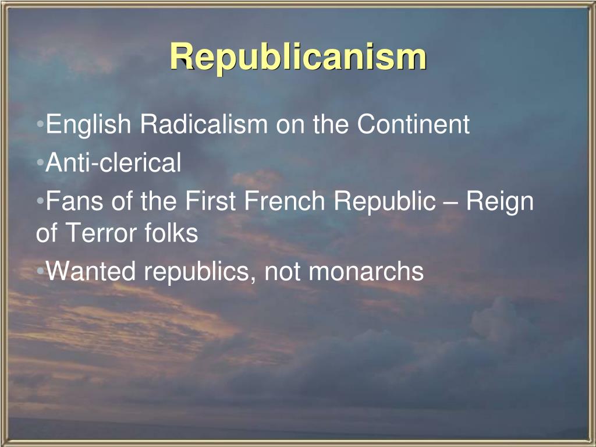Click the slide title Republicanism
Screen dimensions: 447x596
(298, 58)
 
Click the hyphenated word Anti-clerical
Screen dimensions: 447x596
(114, 163)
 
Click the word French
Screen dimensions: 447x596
(285, 201)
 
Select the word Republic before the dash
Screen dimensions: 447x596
(384, 202)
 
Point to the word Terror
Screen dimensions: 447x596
(103, 234)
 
